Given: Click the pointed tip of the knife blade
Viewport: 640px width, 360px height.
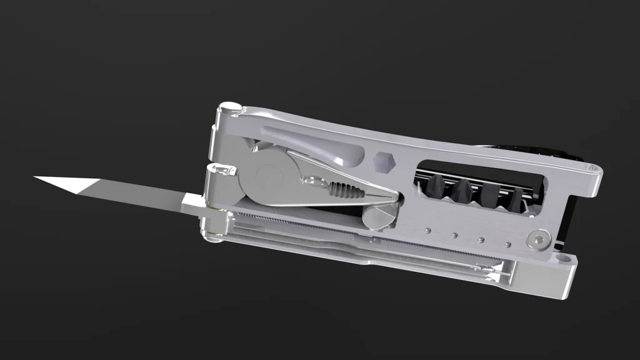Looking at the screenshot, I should [36, 177].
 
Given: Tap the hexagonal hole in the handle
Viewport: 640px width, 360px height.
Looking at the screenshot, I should [384, 162].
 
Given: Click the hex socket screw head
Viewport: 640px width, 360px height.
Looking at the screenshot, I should [539, 240].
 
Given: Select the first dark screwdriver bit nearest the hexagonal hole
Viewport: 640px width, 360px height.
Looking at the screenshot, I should [436, 186].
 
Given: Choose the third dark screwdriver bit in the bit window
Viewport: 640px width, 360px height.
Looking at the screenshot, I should [491, 196].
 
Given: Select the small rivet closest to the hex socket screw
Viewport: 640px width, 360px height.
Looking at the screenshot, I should [507, 244].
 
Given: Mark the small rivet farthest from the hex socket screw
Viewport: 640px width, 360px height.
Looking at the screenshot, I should [428, 230].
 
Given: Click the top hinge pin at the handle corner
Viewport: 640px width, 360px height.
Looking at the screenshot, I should [229, 110].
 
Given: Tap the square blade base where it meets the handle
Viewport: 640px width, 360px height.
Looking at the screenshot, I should [191, 202].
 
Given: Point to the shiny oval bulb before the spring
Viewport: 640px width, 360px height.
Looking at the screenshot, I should [312, 182].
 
